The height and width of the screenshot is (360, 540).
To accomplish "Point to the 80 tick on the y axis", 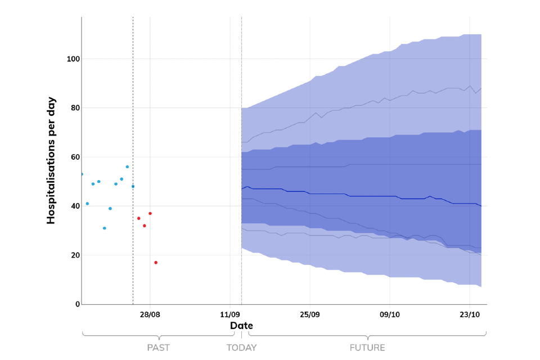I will [73, 108].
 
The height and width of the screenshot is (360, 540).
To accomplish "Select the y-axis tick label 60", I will [73, 157].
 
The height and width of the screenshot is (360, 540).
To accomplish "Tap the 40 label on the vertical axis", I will [73, 206].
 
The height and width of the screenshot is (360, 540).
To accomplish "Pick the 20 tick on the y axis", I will [73, 255].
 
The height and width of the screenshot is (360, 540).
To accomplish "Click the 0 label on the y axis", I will [77, 304].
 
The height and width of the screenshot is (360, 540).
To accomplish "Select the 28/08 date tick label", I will [150, 314].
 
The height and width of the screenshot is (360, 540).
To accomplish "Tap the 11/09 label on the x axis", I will [230, 314].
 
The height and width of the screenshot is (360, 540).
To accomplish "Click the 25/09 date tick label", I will [310, 314].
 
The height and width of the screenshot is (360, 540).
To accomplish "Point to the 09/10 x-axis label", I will [390, 314].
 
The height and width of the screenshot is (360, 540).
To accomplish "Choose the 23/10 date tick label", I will [470, 314].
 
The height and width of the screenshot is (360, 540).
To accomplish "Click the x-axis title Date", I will [241, 326].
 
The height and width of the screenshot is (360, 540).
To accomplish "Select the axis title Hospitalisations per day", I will [51, 160].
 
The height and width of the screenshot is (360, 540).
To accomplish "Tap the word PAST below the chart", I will [159, 348].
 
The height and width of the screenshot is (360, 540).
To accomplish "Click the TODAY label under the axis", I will [241, 348].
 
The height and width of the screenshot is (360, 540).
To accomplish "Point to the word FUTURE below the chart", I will [367, 348].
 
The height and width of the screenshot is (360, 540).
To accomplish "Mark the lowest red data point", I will [156, 263].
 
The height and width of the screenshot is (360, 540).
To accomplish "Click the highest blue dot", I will [127, 166].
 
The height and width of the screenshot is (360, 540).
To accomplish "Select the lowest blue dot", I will [105, 228].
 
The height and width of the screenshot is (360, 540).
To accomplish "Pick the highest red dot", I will [150, 213].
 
